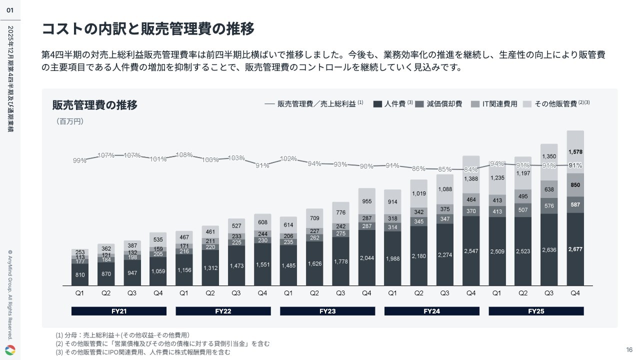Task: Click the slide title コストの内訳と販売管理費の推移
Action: (148, 29)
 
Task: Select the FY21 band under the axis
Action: (119, 311)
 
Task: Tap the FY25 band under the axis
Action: (535, 311)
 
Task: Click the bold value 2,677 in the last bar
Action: (575, 248)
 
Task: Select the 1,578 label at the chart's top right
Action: (575, 151)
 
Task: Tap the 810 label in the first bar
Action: (80, 274)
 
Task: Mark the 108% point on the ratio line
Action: (184, 155)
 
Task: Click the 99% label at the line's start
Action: (79, 160)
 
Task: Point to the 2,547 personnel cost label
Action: (471, 250)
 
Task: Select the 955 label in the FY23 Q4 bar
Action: (366, 201)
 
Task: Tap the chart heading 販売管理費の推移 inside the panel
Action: (94, 105)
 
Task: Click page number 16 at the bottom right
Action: (629, 349)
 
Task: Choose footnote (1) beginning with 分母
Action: (122, 335)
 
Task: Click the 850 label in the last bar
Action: (575, 184)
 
